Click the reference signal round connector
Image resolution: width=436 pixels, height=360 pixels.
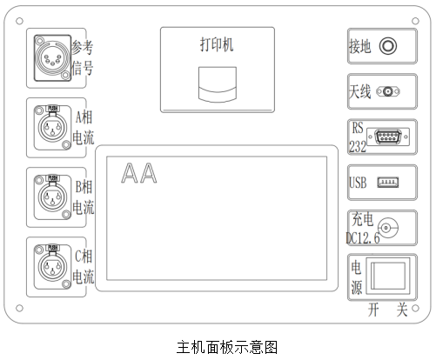coord(52,58)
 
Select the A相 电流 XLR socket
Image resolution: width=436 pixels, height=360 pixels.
coord(52,128)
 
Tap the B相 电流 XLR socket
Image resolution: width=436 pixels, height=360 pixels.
coord(52,197)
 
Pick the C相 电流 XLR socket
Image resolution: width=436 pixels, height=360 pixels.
coord(52,267)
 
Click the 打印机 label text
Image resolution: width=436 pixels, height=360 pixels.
coord(217,44)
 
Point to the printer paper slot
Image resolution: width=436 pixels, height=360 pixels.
coord(218,84)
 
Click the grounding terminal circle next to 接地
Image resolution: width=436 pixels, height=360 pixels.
coord(388,46)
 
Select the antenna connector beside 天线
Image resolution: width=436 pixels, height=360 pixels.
coord(388,91)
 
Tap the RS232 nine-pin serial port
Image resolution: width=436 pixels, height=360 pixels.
coord(388,137)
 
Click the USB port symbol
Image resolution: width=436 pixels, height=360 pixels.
coord(388,183)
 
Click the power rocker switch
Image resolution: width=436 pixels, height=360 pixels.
coord(388,276)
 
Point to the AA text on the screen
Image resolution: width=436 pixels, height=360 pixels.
coord(139,173)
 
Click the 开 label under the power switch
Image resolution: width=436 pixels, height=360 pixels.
coord(373,310)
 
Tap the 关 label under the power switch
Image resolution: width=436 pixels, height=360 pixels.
coord(402,310)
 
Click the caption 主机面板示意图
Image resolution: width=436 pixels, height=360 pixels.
coord(227,347)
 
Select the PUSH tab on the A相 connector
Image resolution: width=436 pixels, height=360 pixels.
coord(52,108)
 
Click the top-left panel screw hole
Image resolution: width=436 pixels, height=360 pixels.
coord(19,21)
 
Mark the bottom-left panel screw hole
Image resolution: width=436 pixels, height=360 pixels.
coord(19,308)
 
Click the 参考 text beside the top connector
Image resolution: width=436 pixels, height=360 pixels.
coord(83,47)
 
